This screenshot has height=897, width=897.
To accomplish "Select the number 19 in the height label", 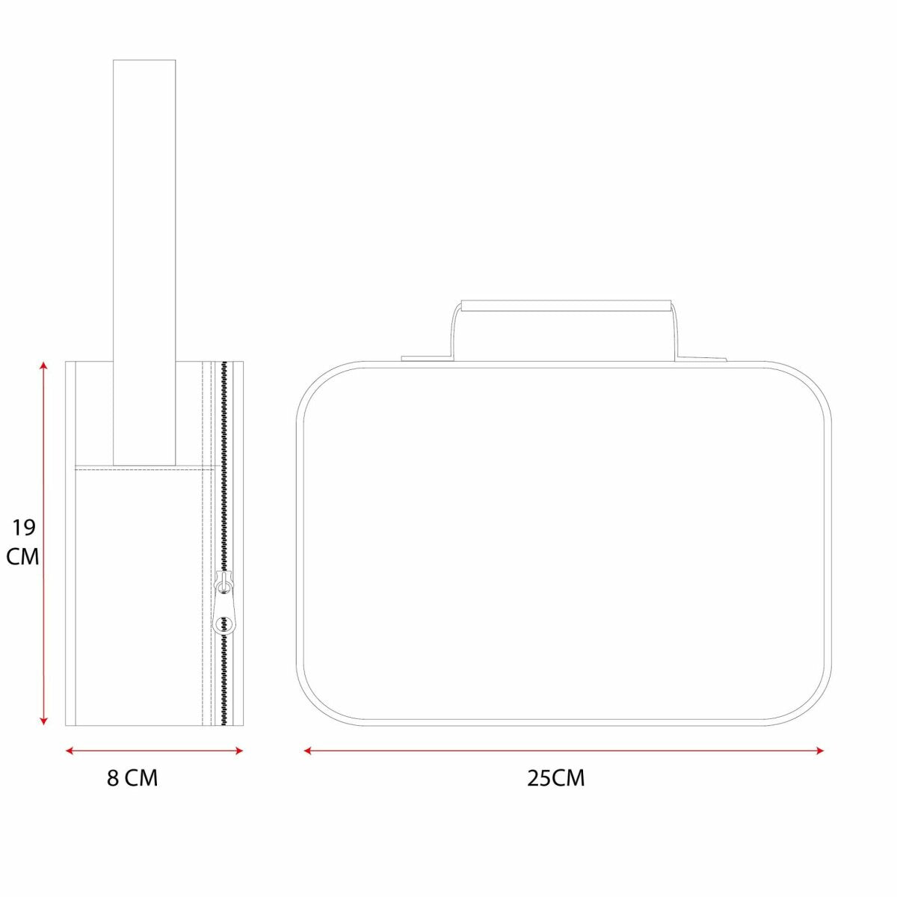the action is (x=24, y=528).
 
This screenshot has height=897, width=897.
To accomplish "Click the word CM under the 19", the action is (x=22, y=556).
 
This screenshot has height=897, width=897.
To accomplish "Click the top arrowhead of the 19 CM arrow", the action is (x=43, y=365).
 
